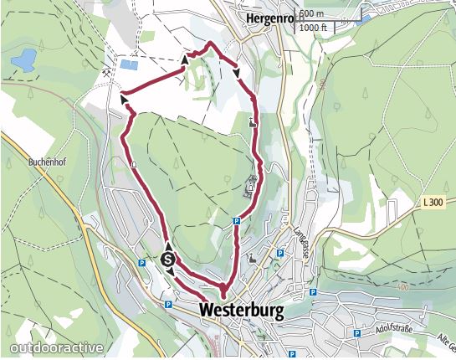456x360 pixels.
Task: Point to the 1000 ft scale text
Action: (x=315, y=28)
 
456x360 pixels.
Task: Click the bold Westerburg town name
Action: (x=242, y=311)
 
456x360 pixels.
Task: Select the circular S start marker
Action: (x=168, y=260)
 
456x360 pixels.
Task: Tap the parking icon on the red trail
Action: (x=237, y=221)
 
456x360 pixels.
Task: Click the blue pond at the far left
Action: (x=25, y=59)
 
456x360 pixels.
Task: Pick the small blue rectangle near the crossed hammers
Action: (x=131, y=64)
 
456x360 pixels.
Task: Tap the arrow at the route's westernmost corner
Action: (x=126, y=98)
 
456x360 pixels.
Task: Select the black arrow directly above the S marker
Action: (x=168, y=246)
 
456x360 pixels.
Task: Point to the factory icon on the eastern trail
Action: (x=254, y=123)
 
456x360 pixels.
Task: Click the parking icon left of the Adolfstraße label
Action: (x=357, y=333)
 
